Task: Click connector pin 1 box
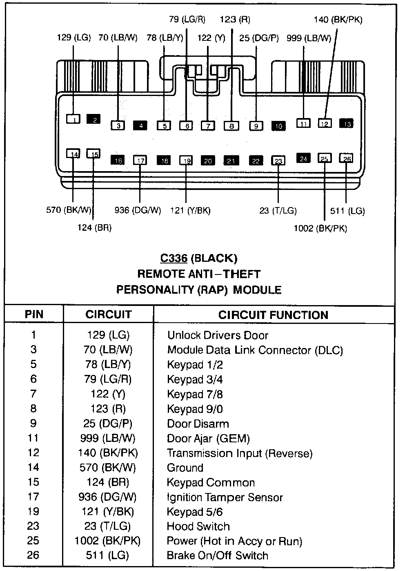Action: tap(74, 119)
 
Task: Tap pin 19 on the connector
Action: tap(186, 161)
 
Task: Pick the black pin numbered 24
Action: tap(303, 158)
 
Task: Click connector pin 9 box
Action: tap(256, 126)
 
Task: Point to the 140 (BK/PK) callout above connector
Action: tap(338, 20)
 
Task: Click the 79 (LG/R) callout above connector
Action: tap(187, 19)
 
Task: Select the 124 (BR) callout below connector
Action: tap(94, 228)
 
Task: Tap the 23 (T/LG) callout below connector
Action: tap(278, 211)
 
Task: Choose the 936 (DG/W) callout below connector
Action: tap(138, 211)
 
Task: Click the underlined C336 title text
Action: tap(174, 258)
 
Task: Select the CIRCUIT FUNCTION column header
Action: tap(273, 315)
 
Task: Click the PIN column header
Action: tap(34, 315)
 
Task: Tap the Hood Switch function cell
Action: tap(198, 526)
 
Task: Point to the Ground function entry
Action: tap(185, 468)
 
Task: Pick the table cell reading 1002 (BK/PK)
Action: tap(107, 541)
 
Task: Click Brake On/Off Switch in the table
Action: tap(218, 556)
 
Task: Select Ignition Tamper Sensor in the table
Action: tap(225, 497)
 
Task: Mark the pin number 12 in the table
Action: tap(33, 453)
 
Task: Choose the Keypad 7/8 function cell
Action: tap(195, 394)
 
